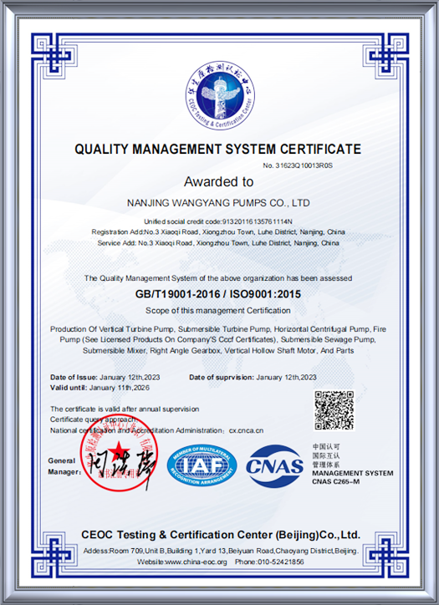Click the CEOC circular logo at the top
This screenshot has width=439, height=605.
(x=219, y=98)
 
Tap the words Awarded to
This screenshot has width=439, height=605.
(x=218, y=181)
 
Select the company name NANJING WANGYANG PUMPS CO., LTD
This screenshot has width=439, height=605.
(x=218, y=203)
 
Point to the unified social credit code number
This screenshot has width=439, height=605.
(x=254, y=221)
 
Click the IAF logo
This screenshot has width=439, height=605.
(x=201, y=466)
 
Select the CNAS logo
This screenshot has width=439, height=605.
(x=273, y=466)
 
